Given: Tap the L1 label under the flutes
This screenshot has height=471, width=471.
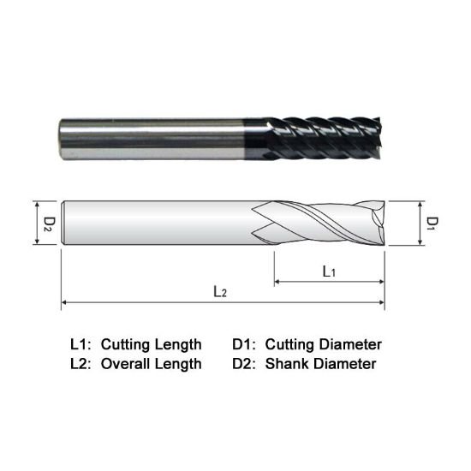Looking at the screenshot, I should coord(328,271).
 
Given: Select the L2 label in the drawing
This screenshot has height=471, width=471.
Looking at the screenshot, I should coord(220,291).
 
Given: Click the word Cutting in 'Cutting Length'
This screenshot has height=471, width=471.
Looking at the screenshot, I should coord(126,345).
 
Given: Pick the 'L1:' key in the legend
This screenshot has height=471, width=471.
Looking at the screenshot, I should coord(80,345).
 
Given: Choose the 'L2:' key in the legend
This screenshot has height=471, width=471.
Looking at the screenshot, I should coord(80,364).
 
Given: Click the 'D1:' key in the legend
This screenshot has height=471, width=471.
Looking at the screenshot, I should coord(244,345).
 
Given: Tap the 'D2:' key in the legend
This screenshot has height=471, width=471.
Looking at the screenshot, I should coord(244,364).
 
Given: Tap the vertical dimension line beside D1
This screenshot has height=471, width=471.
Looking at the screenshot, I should coord(420,224).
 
